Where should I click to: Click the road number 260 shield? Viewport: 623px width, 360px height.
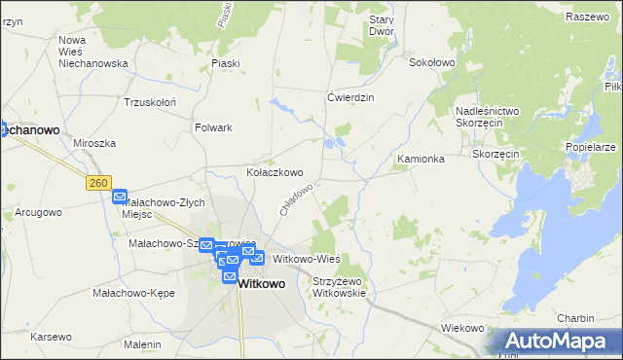(x=97, y=182)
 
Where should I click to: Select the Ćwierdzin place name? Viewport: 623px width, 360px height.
(x=350, y=97)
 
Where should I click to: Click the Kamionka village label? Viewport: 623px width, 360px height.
(x=421, y=159)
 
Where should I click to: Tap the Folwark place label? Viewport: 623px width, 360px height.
(x=213, y=127)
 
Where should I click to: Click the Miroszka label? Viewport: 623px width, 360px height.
(x=94, y=143)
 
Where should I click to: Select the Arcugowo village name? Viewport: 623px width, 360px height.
(x=39, y=211)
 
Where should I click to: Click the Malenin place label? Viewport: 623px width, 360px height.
(x=142, y=344)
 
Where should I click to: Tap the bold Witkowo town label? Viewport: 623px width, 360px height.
(x=261, y=284)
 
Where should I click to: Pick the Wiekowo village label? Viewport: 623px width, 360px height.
(x=462, y=328)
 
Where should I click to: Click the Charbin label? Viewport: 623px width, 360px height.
(x=575, y=318)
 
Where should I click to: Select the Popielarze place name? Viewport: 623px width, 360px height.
(x=590, y=147)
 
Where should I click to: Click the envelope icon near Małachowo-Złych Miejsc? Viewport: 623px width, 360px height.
(x=120, y=197)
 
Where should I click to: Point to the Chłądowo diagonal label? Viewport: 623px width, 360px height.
(x=296, y=199)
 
